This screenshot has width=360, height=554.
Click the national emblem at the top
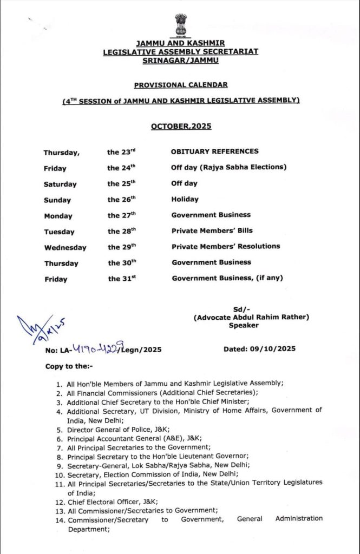click(x=181, y=24)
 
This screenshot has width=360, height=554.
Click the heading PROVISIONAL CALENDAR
click(x=181, y=85)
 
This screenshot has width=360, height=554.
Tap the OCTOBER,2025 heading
click(x=181, y=127)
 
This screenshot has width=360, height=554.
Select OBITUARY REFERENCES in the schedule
click(x=215, y=151)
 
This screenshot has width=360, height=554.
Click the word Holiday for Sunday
click(x=185, y=199)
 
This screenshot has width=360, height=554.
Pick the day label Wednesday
click(x=65, y=248)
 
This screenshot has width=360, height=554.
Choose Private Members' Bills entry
click(x=212, y=230)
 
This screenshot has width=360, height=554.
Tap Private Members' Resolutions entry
click(x=226, y=246)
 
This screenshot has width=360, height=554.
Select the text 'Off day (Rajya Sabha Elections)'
click(x=228, y=167)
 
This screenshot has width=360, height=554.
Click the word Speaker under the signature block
click(x=244, y=326)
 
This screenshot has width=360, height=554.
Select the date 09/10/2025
click(x=260, y=349)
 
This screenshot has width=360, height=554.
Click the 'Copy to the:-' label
click(x=69, y=367)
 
